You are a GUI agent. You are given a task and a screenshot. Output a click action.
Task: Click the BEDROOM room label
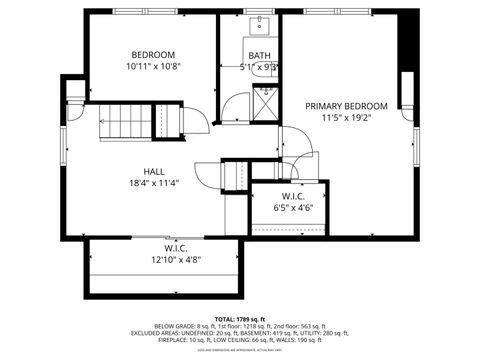[x=153, y=54]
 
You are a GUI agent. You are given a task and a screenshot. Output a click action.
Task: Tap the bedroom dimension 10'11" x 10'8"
[x=153, y=66]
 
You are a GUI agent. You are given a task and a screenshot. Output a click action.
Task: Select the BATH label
[x=259, y=56]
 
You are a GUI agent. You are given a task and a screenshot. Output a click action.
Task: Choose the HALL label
[x=153, y=171]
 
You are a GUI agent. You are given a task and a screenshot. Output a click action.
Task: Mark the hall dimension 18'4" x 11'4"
[x=153, y=183]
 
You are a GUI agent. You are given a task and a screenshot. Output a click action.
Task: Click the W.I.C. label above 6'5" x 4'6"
[x=293, y=196]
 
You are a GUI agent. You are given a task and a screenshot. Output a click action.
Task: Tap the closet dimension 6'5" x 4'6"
[x=293, y=208]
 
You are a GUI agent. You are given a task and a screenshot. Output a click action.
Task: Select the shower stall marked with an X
[x=266, y=103]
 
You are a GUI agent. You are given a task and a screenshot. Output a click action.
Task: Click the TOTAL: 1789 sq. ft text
[x=240, y=318]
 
